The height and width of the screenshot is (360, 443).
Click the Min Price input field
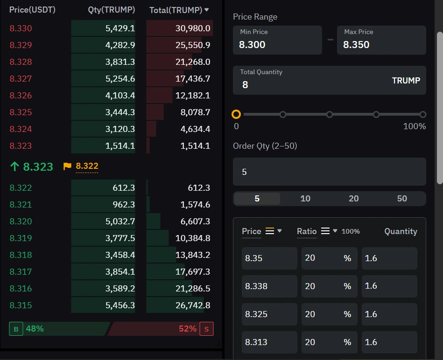277,41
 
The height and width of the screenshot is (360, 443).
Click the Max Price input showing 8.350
381,41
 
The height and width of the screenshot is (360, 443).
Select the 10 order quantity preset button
305,199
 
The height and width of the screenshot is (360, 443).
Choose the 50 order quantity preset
402,199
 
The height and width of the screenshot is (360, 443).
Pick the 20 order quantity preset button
353,199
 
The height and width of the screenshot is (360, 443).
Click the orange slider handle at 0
236,114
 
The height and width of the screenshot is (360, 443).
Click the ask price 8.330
21,28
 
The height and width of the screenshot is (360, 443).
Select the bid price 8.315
21,305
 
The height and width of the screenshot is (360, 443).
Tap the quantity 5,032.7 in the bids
120,222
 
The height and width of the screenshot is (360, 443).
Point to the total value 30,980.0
193,28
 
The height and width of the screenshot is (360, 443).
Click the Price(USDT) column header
32,10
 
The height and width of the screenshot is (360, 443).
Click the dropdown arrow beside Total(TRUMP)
207,10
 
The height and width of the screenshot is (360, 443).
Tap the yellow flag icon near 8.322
67,166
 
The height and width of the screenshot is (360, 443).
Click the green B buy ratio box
16,329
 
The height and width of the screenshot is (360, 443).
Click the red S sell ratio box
206,329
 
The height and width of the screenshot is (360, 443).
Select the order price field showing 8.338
269,286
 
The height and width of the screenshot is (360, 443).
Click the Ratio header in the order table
307,231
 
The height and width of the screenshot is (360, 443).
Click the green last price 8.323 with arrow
32,166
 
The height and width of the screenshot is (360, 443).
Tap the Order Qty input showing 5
329,172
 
